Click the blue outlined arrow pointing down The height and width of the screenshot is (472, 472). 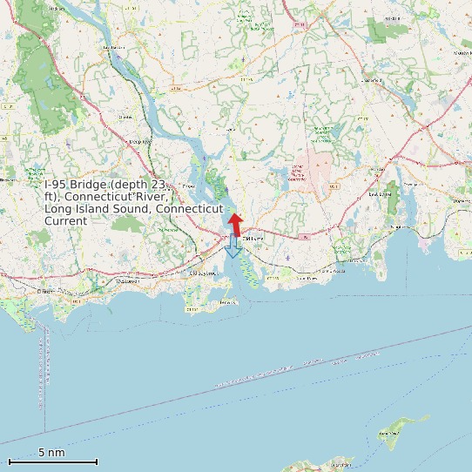(x=233, y=248)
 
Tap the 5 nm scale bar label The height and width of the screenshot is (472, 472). (x=51, y=453)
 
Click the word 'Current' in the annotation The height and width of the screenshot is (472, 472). (x=65, y=221)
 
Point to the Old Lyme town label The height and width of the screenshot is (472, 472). (x=252, y=239)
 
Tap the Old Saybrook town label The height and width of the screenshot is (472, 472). (x=206, y=273)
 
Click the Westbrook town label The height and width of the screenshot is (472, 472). (x=128, y=281)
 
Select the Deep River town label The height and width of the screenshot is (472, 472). (x=139, y=141)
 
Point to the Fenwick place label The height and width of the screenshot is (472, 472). (x=228, y=301)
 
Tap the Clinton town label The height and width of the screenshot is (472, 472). (x=45, y=291)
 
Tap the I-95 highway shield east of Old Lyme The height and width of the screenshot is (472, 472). (x=302, y=236)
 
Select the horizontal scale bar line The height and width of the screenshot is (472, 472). (x=52, y=462)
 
